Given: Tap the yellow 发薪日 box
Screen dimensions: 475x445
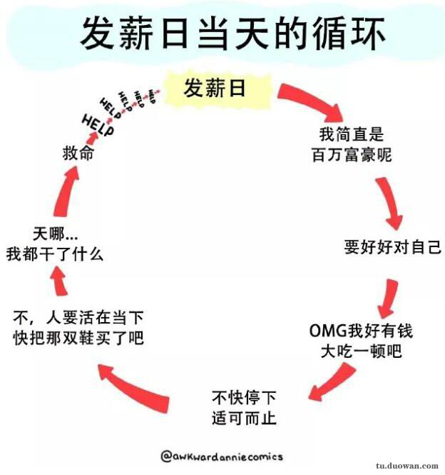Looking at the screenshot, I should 215,89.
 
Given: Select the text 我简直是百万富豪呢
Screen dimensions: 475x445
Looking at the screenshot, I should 352,144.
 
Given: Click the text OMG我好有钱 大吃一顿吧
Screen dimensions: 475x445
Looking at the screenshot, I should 361,341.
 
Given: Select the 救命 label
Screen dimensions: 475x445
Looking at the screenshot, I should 78,154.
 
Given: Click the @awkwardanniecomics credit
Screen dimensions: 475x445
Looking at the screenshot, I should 222,456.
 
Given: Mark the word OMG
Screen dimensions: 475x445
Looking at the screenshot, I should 327,331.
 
